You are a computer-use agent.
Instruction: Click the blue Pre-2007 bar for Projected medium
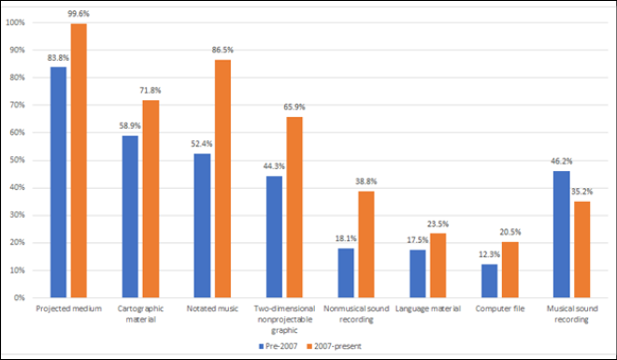pos(58,182)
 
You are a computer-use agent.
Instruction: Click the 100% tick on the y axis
pos(16,22)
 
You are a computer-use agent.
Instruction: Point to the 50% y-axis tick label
pos(18,160)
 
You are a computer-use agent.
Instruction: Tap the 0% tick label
pos(20,297)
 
